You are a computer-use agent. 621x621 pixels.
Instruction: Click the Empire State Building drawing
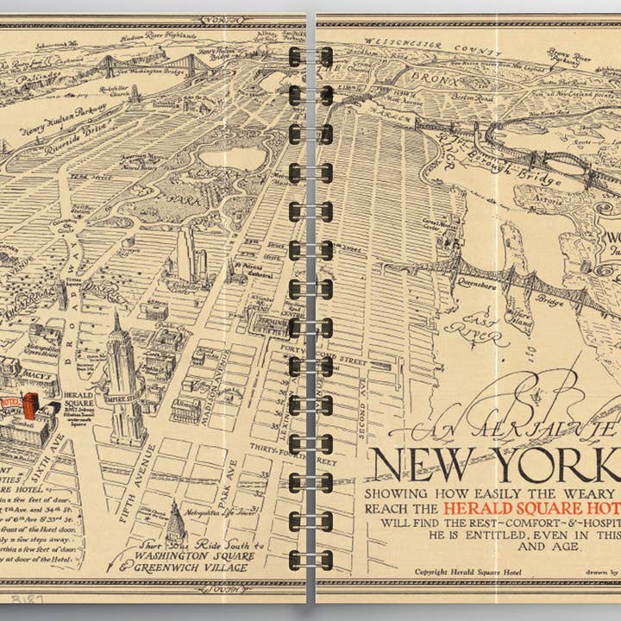tap(122, 379)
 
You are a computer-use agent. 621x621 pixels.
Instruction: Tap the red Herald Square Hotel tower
tap(31, 405)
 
